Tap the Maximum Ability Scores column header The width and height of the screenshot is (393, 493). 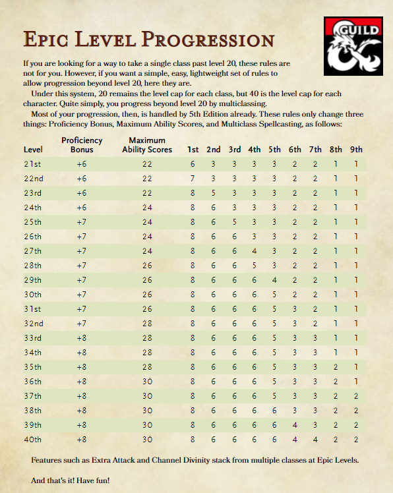147,145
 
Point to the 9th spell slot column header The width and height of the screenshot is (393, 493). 356,150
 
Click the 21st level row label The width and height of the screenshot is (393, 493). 32,163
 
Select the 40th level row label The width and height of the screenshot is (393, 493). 32,439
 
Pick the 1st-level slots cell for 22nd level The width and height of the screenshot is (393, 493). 193,178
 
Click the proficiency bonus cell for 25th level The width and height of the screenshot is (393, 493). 81,221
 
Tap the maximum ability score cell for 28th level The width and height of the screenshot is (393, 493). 146,265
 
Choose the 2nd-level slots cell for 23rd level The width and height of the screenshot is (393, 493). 213,192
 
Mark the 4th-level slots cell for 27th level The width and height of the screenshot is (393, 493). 254,250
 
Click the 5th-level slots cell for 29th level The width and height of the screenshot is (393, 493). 274,279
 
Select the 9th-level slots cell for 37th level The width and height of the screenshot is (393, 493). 356,395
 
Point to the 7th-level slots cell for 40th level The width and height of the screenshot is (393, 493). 315,439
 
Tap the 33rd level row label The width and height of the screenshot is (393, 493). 32,337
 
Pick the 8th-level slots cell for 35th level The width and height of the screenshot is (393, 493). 336,366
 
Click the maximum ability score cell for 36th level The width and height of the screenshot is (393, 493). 146,381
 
